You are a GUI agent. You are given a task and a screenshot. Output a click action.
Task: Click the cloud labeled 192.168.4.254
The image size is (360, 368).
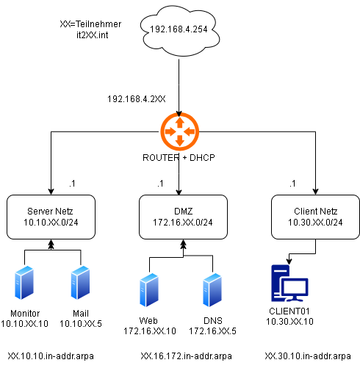point(179,31)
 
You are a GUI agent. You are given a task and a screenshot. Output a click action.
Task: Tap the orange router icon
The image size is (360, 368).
point(179,131)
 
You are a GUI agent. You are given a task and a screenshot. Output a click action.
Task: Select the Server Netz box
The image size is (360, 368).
point(51,217)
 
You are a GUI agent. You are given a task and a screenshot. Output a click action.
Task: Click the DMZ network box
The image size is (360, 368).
point(183,217)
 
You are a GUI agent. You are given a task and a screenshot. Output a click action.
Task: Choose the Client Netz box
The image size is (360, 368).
point(315,217)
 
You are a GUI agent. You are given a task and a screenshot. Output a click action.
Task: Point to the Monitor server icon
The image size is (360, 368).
point(24,283)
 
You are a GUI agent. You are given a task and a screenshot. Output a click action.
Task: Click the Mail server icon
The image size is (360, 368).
point(80,283)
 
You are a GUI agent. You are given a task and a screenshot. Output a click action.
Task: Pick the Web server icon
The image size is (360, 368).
point(149,290)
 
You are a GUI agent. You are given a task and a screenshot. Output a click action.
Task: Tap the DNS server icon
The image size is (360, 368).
point(212,290)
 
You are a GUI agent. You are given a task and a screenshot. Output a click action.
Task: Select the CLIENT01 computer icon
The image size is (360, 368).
point(289,284)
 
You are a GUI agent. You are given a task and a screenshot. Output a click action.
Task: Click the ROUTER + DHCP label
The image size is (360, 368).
point(179,158)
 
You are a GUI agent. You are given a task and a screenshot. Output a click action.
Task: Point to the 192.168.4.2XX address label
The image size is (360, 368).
point(137,99)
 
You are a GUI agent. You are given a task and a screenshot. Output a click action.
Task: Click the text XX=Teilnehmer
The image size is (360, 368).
point(90,24)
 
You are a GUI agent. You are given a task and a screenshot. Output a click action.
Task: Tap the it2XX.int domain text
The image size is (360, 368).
point(93,35)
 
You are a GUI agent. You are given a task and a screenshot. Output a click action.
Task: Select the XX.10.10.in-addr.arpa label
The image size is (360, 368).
point(51,356)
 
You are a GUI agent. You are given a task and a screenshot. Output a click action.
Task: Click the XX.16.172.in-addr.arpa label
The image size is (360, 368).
point(187,356)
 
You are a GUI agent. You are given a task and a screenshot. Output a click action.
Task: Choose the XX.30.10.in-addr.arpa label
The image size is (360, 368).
point(308,356)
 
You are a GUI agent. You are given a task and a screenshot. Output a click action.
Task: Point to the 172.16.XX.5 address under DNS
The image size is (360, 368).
point(212,331)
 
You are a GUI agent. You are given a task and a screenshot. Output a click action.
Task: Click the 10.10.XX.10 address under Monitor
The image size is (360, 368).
point(24,324)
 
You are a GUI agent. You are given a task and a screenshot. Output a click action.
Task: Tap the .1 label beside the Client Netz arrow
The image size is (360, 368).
point(292,184)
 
